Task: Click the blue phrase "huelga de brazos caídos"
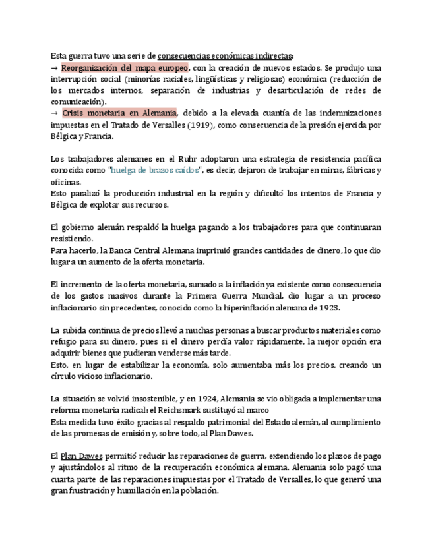click(156, 170)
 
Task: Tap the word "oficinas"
click(66, 182)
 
